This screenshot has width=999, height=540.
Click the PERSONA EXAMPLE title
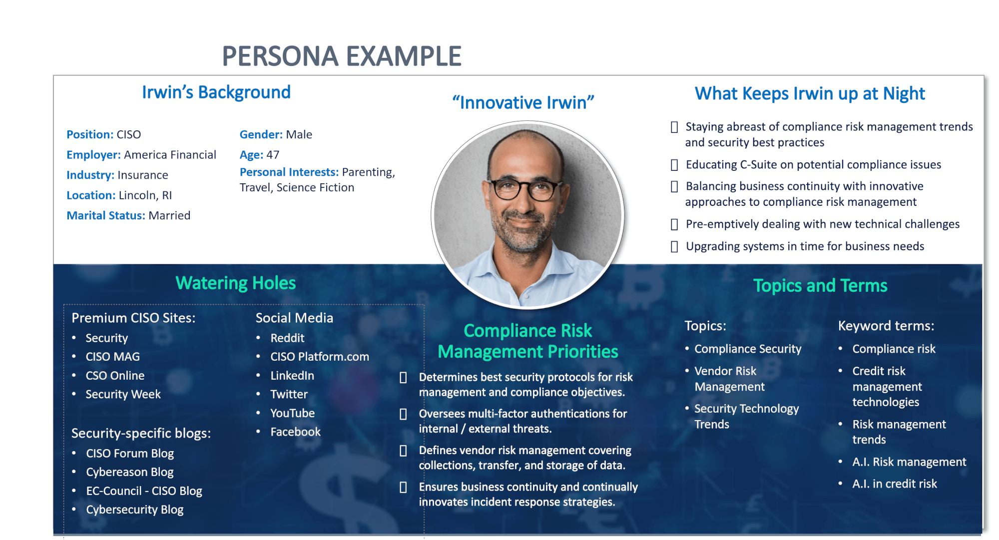point(342,56)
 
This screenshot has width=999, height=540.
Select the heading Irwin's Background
point(216,92)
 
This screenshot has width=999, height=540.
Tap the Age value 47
point(273,155)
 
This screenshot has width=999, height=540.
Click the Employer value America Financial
point(170,155)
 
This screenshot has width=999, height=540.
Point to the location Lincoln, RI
point(145,195)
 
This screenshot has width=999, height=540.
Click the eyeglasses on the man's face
point(526,189)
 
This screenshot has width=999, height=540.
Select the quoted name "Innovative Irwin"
point(523,102)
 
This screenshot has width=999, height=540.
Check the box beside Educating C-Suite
point(674,165)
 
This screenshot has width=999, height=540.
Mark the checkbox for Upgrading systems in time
point(674,246)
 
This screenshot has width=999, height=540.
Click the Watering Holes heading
point(236,283)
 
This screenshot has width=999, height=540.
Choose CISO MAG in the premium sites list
point(113,357)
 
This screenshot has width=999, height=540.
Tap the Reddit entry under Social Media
point(287,338)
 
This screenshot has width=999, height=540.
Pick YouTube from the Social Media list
point(293,413)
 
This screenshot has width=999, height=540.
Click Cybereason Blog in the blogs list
point(130,472)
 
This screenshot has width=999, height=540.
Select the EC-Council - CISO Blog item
point(144,491)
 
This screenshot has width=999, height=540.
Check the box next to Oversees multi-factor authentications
point(403,414)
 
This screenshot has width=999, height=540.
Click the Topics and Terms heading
point(820,286)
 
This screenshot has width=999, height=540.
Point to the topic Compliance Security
point(748,349)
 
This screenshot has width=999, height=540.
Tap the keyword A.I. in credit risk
point(895,484)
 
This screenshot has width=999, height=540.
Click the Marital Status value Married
point(169,215)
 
